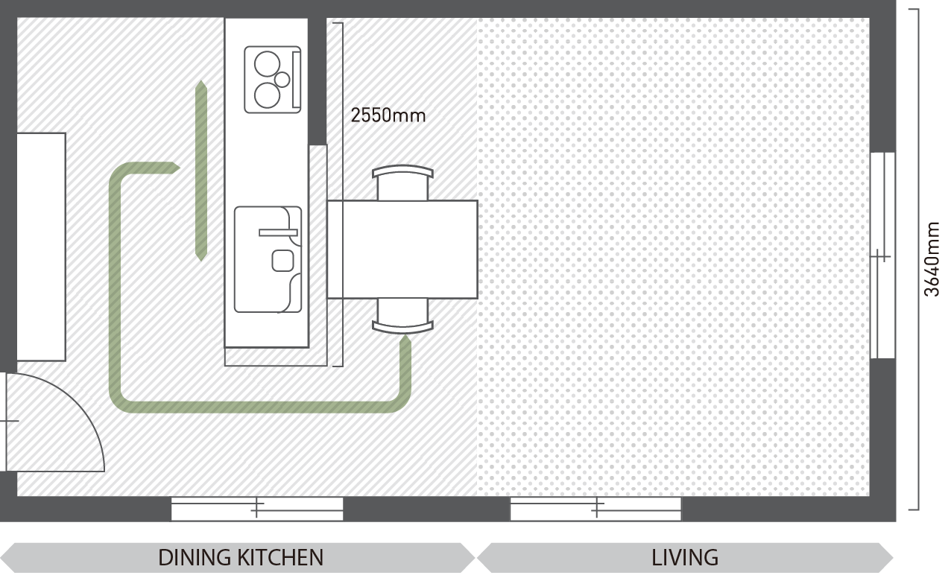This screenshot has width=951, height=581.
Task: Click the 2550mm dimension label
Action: tap(388, 115)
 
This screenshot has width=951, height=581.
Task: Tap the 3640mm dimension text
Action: tap(932, 259)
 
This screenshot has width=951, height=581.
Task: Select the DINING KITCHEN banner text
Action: tap(241, 558)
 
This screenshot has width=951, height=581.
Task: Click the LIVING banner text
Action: tap(685, 558)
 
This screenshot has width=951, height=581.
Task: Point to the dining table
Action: tap(402, 250)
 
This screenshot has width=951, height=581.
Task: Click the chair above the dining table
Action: tap(402, 182)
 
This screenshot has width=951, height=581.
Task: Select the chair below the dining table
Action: tap(402, 316)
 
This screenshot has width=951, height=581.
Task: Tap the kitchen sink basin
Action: tap(268, 259)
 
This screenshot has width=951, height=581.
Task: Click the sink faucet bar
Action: tap(278, 232)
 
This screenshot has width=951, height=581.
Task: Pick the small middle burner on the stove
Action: tap(282, 80)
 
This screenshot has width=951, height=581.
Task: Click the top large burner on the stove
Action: tap(267, 64)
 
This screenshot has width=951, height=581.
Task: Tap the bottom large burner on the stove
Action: tap(267, 95)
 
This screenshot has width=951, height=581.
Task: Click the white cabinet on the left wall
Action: tap(41, 247)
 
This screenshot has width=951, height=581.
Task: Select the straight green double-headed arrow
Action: tap(200, 171)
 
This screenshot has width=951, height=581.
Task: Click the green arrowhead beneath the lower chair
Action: tap(405, 340)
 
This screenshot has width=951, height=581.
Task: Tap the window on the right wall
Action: tap(882, 255)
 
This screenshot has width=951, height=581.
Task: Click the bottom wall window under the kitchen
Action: tap(257, 509)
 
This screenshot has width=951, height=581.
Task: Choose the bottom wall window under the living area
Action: tap(595, 509)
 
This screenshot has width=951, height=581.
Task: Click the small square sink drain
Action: tap(282, 261)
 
